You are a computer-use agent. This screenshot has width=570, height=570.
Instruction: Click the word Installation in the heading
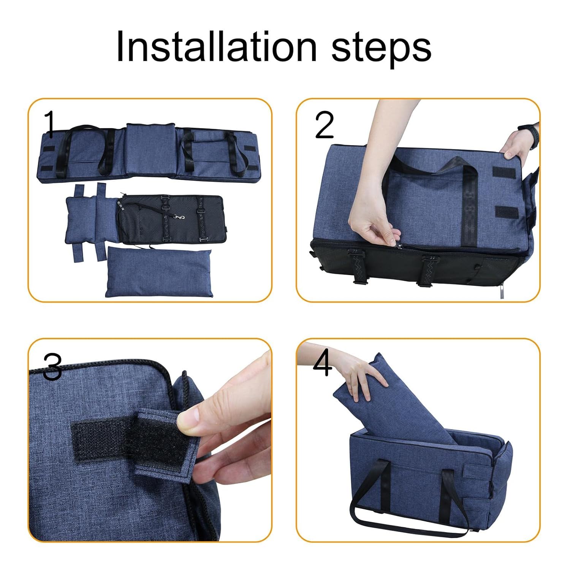click(x=216, y=46)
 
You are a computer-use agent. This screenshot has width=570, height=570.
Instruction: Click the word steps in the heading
click(x=382, y=49)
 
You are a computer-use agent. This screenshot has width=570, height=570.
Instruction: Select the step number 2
click(x=324, y=125)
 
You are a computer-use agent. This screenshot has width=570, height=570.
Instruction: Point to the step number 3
click(x=52, y=366)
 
